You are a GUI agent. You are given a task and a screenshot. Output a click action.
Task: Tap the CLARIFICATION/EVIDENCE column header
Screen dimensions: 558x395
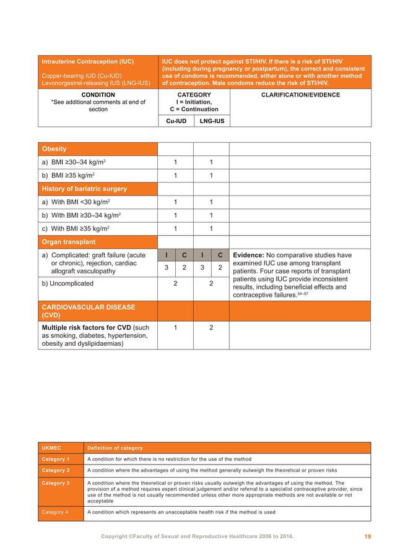pyautogui.click(x=300, y=95)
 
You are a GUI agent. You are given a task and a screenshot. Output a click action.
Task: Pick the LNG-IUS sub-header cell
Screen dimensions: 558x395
pyautogui.click(x=211, y=121)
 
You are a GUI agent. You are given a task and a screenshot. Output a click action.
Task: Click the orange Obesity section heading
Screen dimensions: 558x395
pyautogui.click(x=54, y=149)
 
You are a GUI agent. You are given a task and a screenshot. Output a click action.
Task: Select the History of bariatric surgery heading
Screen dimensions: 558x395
pyautogui.click(x=84, y=188)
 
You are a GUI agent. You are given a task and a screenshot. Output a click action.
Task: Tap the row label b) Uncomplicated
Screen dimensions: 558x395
pyautogui.click(x=67, y=283)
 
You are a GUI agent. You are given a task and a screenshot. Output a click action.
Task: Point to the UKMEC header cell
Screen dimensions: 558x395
pyautogui.click(x=52, y=448)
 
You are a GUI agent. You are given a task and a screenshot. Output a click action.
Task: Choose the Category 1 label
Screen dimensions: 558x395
pyautogui.click(x=56, y=460)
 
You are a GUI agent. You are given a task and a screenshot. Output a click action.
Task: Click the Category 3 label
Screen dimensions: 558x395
pyautogui.click(x=56, y=483)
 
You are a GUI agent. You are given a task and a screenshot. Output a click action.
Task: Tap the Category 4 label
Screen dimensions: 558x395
pyautogui.click(x=56, y=512)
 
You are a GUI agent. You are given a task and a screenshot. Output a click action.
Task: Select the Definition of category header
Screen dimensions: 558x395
pyautogui.click(x=115, y=448)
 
